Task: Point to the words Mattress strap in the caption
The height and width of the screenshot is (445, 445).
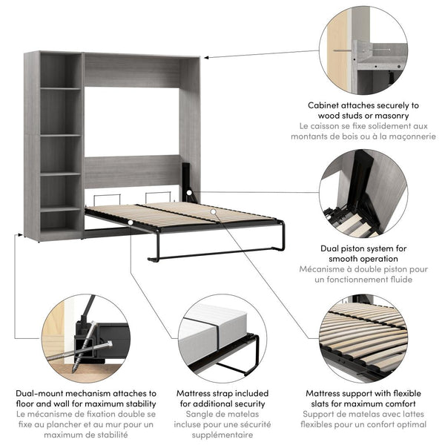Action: click(208, 393)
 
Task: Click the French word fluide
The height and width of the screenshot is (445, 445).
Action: click(398, 279)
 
